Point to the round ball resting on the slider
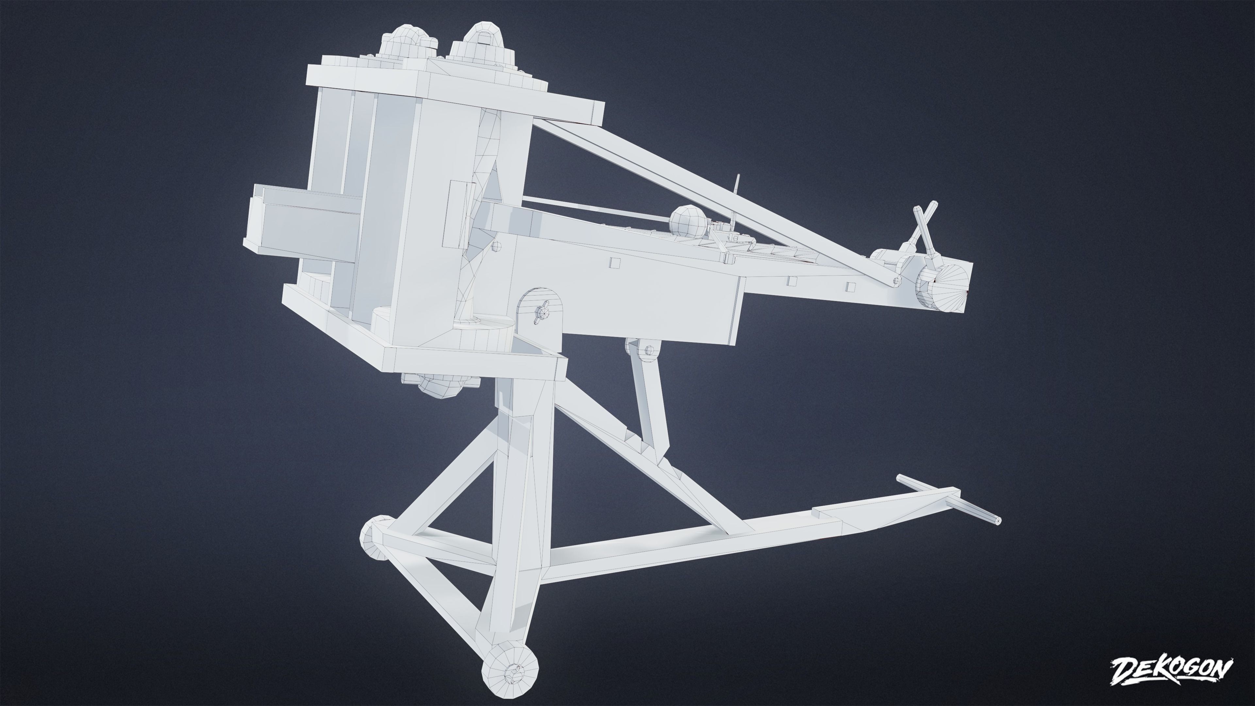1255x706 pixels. [x=686, y=220]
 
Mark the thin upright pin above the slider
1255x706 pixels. [x=737, y=189]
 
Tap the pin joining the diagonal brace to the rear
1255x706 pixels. [x=896, y=280]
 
